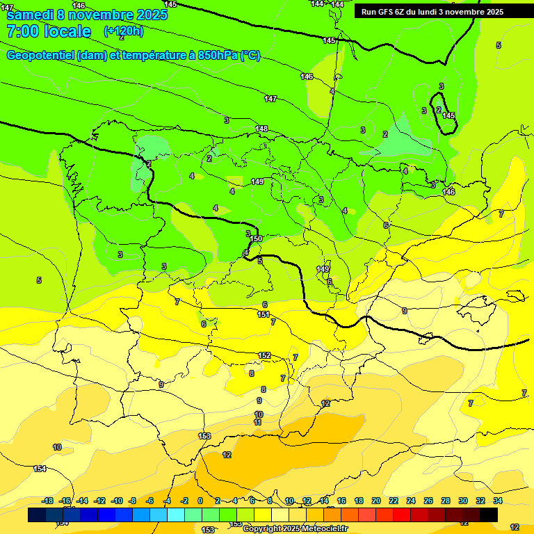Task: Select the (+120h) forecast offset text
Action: [124, 31]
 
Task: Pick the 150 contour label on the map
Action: [257, 238]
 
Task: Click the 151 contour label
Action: [264, 314]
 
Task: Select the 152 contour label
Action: [265, 355]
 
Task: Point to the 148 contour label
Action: [261, 129]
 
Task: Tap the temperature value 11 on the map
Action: [258, 422]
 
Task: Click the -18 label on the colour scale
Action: [48, 501]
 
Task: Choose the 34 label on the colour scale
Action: [498, 501]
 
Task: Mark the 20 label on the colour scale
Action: [376, 501]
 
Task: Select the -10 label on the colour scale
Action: [117, 501]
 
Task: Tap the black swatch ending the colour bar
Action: [489, 515]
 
